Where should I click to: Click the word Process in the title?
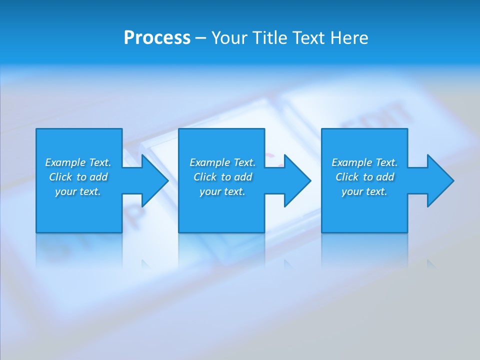157,38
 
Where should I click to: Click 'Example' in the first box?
65,162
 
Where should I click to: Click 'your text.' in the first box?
78,191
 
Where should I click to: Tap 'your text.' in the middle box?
222,191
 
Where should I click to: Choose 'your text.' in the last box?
364,191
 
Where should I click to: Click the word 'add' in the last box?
385,177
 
